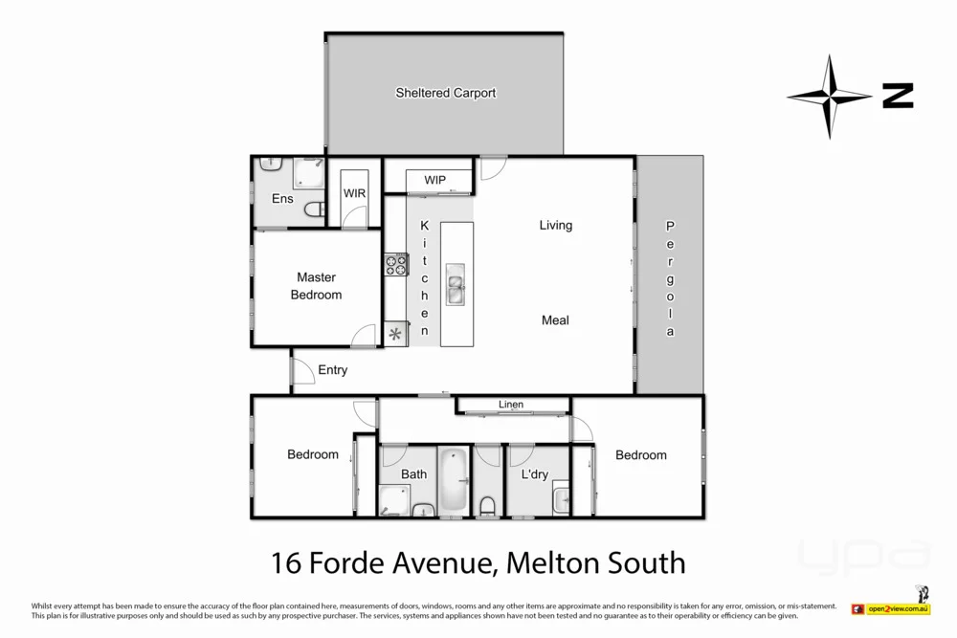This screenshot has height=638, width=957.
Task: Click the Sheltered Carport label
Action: click(x=446, y=93)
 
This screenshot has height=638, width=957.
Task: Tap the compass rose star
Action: click(x=829, y=96)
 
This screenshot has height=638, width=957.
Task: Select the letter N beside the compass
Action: click(x=898, y=96)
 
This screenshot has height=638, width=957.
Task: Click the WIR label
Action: click(x=355, y=193)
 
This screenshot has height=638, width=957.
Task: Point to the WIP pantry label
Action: click(x=435, y=180)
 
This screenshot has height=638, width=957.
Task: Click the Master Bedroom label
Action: click(x=316, y=286)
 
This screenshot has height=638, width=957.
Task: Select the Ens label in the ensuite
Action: click(x=282, y=199)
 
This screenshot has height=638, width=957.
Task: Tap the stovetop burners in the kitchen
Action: click(x=396, y=265)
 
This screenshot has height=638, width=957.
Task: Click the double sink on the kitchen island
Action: click(x=456, y=288)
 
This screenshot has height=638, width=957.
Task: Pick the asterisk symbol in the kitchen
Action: click(x=395, y=333)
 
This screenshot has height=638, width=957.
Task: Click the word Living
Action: click(x=555, y=226)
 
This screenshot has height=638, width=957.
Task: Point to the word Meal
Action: click(x=555, y=319)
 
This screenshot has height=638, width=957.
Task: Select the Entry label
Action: click(x=333, y=370)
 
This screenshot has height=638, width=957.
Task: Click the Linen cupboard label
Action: click(x=511, y=405)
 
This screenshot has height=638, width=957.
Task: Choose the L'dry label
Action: click(x=534, y=474)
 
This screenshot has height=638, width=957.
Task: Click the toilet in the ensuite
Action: click(x=313, y=209)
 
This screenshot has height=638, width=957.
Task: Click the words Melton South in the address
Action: click(x=594, y=561)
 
